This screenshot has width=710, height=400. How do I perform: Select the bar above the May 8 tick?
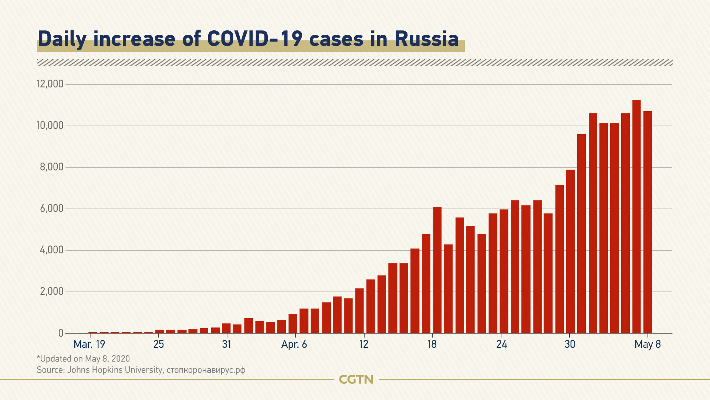[x=648, y=222]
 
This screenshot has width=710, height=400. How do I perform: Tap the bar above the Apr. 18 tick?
[x=437, y=270]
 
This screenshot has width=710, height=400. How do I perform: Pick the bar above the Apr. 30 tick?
[x=571, y=251]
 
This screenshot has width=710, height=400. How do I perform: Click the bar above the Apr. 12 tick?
[x=359, y=311]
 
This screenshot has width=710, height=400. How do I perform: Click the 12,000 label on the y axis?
[x=50, y=84]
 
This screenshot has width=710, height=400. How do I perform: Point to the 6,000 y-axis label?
[x=52, y=209]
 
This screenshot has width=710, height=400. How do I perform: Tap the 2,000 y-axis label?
[x=52, y=291]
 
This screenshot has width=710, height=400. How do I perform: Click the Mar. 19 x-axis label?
[x=89, y=344]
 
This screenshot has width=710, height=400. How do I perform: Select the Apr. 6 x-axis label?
[x=294, y=344]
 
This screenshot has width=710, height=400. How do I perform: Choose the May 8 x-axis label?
[x=648, y=344]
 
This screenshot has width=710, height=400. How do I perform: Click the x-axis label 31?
[x=227, y=344]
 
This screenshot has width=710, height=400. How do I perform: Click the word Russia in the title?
[x=426, y=39]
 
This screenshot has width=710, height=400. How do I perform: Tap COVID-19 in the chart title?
[x=255, y=39]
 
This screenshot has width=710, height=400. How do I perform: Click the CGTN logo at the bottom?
[x=356, y=380]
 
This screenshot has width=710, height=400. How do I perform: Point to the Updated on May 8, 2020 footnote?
[x=83, y=359]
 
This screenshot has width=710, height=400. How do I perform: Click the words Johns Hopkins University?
[x=115, y=370]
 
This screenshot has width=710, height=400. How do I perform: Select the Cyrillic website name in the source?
[x=206, y=370]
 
